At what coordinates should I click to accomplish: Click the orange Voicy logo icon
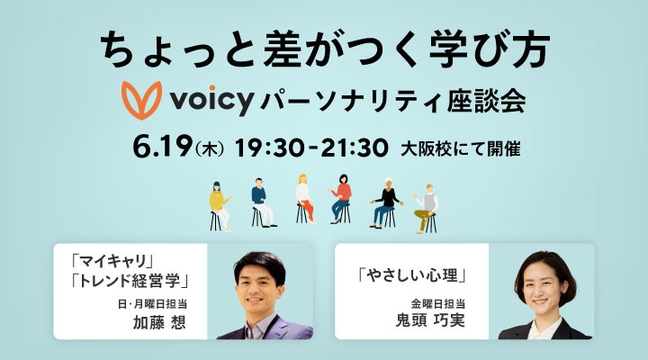tap(141, 100)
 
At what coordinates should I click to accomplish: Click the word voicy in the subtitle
tap(211, 100)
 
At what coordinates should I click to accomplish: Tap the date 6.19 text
tap(163, 147)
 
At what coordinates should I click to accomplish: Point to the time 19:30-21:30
tap(311, 148)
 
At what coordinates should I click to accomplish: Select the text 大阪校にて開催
tap(461, 148)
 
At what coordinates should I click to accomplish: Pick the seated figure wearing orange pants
tap(304, 199)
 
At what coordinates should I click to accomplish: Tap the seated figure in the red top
tap(341, 199)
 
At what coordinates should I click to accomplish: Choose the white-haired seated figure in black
tap(386, 202)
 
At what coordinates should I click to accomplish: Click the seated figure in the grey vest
tap(426, 208)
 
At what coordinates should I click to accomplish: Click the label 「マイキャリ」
tap(112, 261)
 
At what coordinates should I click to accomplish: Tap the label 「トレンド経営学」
tap(130, 282)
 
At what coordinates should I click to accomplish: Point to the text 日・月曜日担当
tap(152, 304)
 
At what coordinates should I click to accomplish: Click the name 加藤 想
tap(159, 322)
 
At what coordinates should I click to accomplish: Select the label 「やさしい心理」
tap(412, 274)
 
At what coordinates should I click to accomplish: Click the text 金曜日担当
tap(438, 304)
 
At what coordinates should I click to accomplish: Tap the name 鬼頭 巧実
tap(430, 321)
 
